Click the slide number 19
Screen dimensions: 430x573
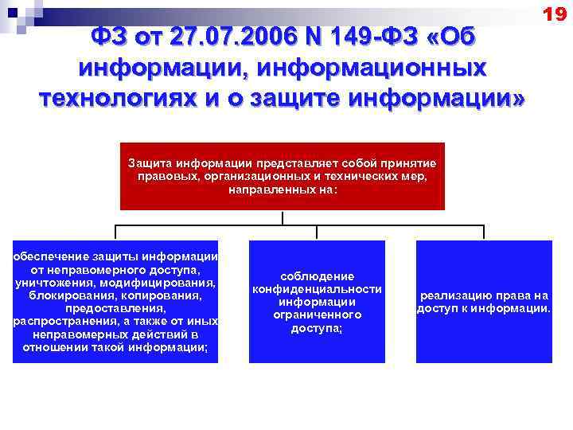[554, 14]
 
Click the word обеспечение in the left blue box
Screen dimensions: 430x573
[48, 256]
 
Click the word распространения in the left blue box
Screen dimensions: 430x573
[60, 321]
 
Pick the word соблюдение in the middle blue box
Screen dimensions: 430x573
[317, 276]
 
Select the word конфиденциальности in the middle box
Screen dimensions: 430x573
[317, 289]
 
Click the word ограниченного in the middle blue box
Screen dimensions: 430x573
[317, 315]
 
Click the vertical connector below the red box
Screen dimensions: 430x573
[283, 218]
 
